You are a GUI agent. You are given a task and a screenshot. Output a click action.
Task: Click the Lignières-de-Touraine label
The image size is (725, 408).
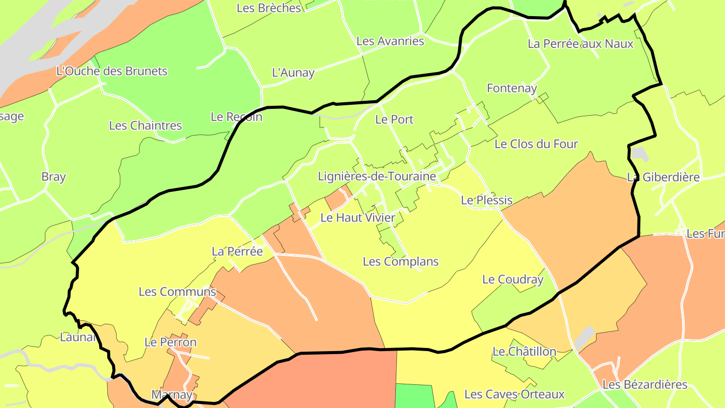(x=377, y=177)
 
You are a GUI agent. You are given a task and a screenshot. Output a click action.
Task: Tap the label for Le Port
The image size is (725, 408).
(x=394, y=119)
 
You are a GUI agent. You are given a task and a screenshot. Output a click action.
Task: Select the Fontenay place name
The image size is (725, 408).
(x=512, y=88)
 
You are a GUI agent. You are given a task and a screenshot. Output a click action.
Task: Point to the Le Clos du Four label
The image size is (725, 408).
(x=536, y=144)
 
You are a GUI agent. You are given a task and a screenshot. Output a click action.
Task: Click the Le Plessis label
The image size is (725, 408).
(x=486, y=200)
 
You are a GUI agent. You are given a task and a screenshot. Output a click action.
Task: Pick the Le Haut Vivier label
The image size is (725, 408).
(x=357, y=218)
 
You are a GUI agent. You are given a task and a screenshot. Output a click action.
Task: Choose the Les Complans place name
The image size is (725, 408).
(x=400, y=262)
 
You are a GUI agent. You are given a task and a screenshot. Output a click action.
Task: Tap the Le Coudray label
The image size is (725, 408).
(x=513, y=279)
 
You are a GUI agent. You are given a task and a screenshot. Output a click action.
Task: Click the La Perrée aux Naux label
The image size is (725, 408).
(x=580, y=44)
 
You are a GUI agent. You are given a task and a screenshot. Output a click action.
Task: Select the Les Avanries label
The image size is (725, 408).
(x=390, y=41)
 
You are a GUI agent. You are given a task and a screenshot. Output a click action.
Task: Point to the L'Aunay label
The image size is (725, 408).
(x=293, y=73)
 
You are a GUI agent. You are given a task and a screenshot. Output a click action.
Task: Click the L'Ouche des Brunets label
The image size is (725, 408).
(x=112, y=71)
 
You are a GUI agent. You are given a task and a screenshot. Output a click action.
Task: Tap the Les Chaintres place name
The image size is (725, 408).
(x=145, y=125)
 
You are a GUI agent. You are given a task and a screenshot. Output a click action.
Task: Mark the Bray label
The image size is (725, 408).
(x=53, y=177)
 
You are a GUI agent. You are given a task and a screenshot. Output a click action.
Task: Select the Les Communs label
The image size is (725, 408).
(x=177, y=292)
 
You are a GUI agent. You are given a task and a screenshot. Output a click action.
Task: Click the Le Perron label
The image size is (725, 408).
(x=170, y=343)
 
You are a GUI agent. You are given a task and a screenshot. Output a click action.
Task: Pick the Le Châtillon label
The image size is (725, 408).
(x=524, y=352)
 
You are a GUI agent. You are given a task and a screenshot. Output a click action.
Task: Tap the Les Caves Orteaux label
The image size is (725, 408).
(x=514, y=394)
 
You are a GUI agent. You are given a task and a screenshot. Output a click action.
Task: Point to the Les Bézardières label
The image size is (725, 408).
(x=644, y=385)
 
